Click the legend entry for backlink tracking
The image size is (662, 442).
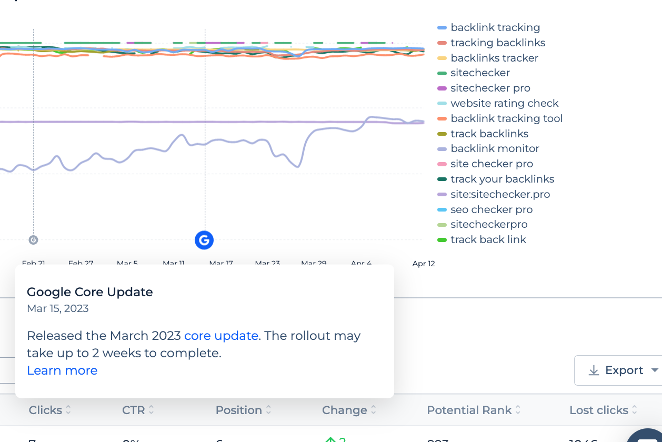point(495,28)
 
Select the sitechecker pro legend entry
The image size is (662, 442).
point(490,88)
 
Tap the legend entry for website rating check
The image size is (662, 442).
point(504,104)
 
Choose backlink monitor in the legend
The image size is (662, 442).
point(495,149)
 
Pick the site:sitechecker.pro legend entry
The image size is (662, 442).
point(500,195)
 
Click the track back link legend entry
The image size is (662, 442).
point(488,240)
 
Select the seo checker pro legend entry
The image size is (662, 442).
point(492,210)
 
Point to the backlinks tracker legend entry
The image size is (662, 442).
point(494,58)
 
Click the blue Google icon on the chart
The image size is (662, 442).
point(204,240)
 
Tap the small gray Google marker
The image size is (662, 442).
point(33,240)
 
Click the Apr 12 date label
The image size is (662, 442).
point(424,264)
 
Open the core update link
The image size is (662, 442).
point(221,336)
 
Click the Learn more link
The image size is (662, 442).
point(62,371)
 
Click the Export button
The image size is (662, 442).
point(617,370)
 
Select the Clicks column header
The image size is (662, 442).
point(45,410)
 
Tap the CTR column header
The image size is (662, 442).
point(134,410)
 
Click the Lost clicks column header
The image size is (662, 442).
point(599,410)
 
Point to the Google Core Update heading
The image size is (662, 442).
point(90,293)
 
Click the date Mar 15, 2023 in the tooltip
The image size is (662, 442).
point(58,309)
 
